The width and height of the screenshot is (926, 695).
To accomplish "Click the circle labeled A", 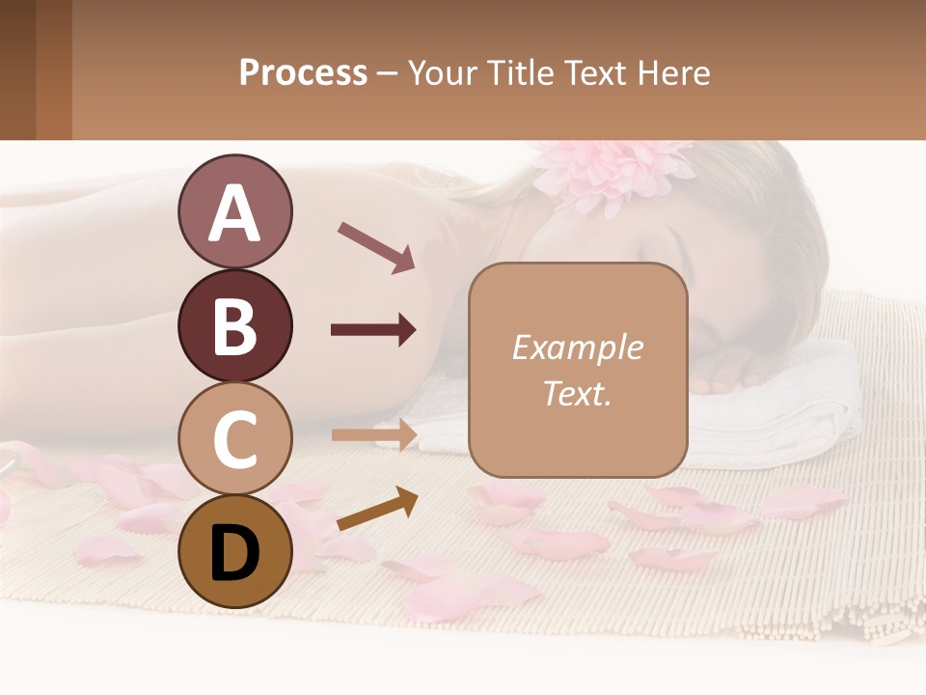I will tap(234, 212).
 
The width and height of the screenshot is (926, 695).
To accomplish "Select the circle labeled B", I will tap(234, 326).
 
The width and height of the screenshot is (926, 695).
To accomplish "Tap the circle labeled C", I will tap(234, 439).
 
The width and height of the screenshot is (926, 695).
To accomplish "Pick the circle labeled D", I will tap(234, 551).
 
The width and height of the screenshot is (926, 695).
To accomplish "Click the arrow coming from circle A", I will tap(376, 247).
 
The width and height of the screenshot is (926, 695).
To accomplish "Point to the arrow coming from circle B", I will tap(373, 330).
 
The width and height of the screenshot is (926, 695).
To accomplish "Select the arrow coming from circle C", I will tap(373, 435).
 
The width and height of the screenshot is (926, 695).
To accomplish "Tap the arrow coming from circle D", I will tap(377, 510).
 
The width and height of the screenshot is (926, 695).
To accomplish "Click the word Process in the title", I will tap(303, 72).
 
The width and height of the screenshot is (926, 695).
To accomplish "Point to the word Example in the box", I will tap(577, 347).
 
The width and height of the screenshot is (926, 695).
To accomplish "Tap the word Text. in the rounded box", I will tap(577, 393).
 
